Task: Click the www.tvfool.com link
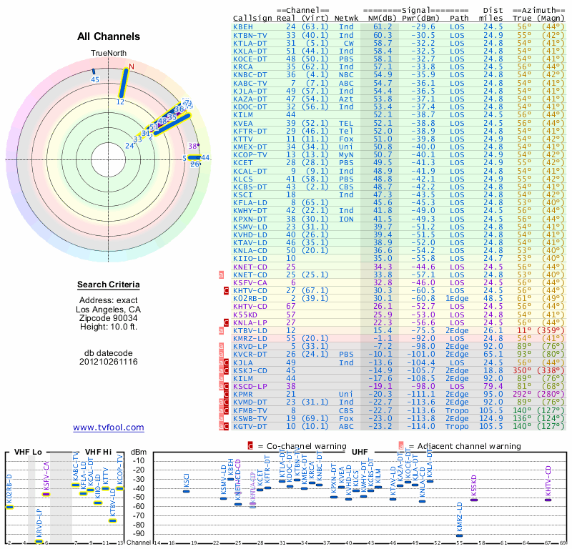[x=108, y=427]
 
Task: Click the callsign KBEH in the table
[x=243, y=26]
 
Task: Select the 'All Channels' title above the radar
[x=109, y=36]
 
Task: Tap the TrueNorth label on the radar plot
[x=108, y=54]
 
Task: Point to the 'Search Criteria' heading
[x=108, y=285]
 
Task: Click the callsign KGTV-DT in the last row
[x=250, y=426]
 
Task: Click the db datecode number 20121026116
[x=108, y=361]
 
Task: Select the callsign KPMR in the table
[x=243, y=394]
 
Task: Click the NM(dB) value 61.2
[x=383, y=26]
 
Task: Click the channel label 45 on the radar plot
[x=95, y=79]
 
